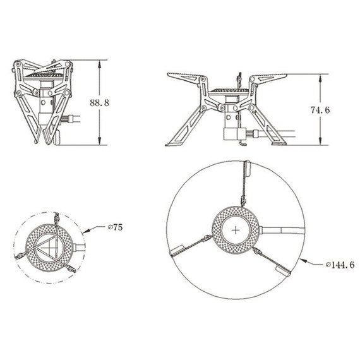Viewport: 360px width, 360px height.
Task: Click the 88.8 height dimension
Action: click(99, 102)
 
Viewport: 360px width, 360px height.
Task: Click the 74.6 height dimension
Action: click(320, 110)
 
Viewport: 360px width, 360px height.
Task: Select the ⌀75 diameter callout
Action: click(116, 227)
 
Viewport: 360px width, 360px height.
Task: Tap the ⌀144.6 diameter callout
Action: click(340, 265)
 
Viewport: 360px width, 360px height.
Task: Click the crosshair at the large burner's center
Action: click(236, 230)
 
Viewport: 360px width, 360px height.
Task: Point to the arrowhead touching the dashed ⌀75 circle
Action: click(85, 231)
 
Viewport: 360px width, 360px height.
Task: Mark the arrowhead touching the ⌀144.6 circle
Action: click(303, 261)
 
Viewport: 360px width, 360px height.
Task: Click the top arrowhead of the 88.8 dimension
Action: click(99, 64)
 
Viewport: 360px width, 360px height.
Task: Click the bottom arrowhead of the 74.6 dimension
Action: click(320, 141)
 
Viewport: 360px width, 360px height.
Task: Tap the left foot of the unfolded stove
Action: click(172, 144)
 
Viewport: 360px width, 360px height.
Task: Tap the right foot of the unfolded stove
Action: click(279, 144)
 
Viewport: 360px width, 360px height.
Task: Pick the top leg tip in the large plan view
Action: click(248, 168)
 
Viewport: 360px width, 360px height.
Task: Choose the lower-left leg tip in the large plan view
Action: click(176, 250)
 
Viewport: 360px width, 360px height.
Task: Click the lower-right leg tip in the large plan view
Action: click(283, 271)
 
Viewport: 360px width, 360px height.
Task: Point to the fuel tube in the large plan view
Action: click(282, 231)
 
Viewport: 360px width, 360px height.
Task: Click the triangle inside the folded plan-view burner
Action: click(47, 248)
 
